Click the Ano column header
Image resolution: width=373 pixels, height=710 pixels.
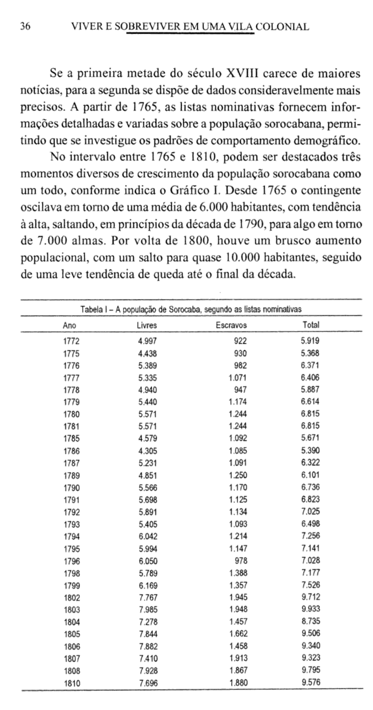tap(70, 325)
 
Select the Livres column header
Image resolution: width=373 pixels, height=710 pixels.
tap(147, 325)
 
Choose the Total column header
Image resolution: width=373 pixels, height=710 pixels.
tap(311, 325)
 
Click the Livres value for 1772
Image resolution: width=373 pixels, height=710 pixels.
tap(147, 341)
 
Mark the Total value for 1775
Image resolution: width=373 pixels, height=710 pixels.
tap(310, 353)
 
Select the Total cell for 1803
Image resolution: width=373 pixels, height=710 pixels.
tap(310, 609)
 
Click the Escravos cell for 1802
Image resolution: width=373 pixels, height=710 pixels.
tap(238, 597)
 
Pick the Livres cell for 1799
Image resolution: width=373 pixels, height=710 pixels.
tap(148, 585)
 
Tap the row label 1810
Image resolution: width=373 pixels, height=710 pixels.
tap(72, 683)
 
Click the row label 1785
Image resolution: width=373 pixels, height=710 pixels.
tap(72, 439)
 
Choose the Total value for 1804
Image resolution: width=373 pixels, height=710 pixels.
tap(310, 621)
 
